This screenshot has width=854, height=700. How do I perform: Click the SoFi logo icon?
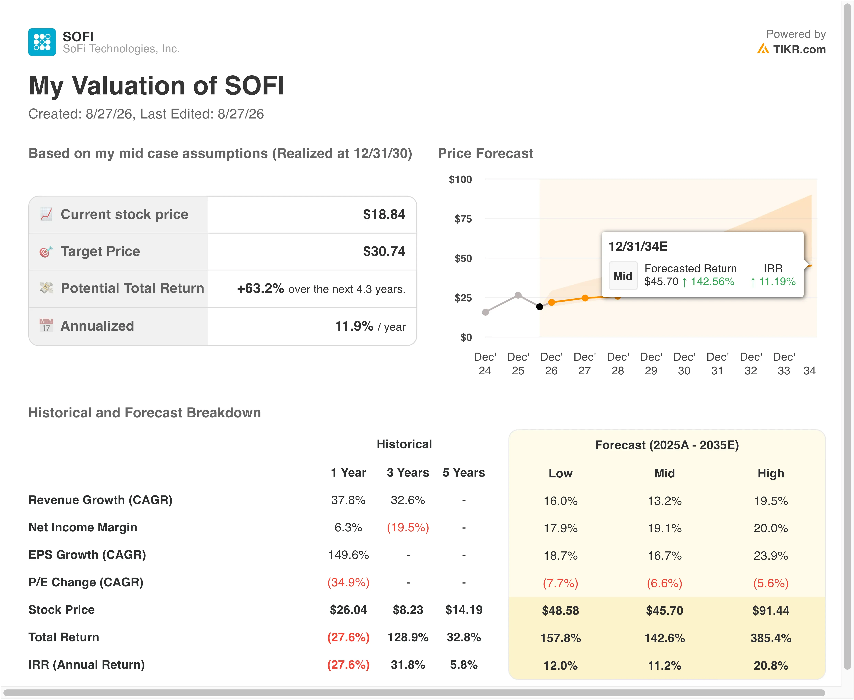[x=42, y=42]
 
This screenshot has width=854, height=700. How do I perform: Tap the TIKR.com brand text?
[x=799, y=49]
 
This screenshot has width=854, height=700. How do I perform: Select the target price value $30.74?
[x=384, y=251]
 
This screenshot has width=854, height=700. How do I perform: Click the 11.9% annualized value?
[x=354, y=326]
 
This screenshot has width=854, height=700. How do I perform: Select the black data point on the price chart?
[x=540, y=307]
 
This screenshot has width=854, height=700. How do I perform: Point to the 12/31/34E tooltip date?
[x=638, y=246]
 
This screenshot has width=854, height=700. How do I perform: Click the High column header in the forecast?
[x=771, y=473]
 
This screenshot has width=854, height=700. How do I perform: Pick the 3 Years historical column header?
[x=408, y=473]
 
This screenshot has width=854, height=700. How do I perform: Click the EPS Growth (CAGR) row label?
[x=87, y=555]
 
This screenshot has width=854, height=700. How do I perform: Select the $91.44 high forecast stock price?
[x=771, y=611]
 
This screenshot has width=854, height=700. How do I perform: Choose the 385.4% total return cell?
[x=771, y=638]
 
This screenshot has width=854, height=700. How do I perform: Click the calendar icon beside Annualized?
[x=46, y=325]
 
